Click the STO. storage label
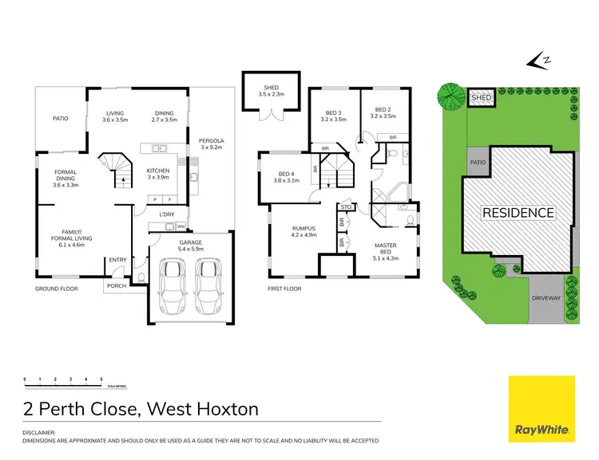coord(346,207)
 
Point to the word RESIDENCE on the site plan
coord(517,213)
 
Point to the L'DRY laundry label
coord(167,214)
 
